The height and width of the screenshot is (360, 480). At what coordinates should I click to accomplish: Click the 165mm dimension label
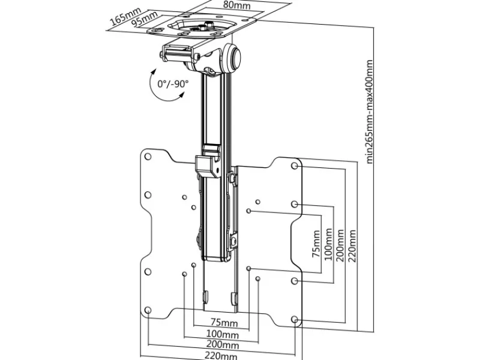[123, 16]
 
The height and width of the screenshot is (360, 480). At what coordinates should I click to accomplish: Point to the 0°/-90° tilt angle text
[173, 84]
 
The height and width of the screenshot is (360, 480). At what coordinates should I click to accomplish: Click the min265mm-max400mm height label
[370, 111]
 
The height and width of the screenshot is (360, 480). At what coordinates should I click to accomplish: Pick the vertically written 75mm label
[316, 244]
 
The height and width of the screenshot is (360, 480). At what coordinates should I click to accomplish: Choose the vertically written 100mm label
[328, 242]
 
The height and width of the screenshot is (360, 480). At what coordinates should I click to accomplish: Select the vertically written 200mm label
[340, 242]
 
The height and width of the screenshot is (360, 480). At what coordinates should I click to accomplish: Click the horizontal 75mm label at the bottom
[222, 322]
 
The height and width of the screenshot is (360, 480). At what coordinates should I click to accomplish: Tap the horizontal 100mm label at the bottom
[222, 334]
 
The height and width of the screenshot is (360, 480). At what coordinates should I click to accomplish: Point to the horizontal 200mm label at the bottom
[222, 345]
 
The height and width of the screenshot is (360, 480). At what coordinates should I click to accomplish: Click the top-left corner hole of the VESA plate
[148, 156]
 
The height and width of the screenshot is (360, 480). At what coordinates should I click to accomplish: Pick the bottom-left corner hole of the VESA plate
[148, 310]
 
